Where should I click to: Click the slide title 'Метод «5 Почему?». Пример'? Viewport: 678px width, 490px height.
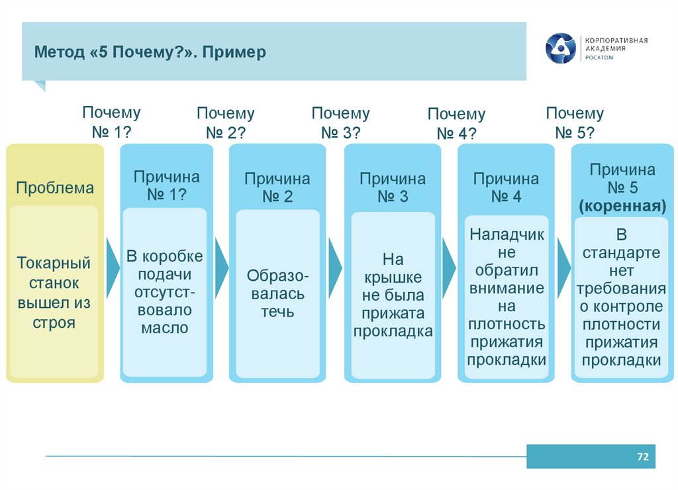(x=150, y=52)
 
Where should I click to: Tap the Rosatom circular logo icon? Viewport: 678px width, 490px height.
(x=561, y=48)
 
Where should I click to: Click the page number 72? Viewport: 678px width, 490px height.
(x=642, y=457)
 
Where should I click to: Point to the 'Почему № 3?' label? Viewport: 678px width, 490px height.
(x=341, y=122)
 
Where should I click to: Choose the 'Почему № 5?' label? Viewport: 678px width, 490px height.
(x=575, y=122)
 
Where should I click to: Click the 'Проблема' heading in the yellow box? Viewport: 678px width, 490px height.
(x=56, y=188)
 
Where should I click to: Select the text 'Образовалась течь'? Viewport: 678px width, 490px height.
(x=277, y=293)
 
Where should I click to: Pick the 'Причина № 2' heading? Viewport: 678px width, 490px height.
(x=277, y=187)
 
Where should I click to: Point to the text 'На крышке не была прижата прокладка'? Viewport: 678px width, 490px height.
(x=393, y=295)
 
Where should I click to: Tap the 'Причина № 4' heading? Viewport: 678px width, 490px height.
(x=507, y=187)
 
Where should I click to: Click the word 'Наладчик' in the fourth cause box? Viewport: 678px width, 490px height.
(x=507, y=234)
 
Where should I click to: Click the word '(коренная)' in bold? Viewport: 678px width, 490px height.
(x=622, y=206)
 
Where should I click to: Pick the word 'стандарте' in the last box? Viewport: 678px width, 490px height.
(x=622, y=253)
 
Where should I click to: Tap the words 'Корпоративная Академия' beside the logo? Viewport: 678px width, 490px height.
(x=614, y=44)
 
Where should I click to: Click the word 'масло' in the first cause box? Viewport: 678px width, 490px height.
(x=165, y=328)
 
